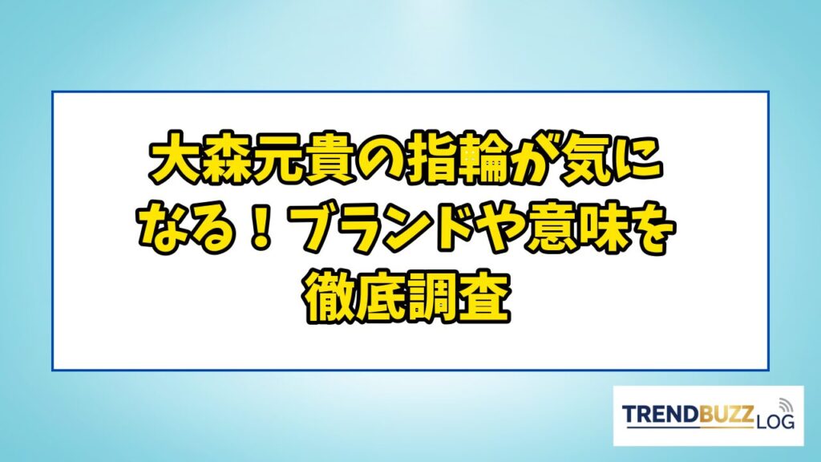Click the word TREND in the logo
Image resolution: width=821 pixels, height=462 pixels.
661,415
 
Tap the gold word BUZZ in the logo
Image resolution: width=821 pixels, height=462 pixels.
726,415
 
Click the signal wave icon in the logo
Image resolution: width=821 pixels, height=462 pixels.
786,404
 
